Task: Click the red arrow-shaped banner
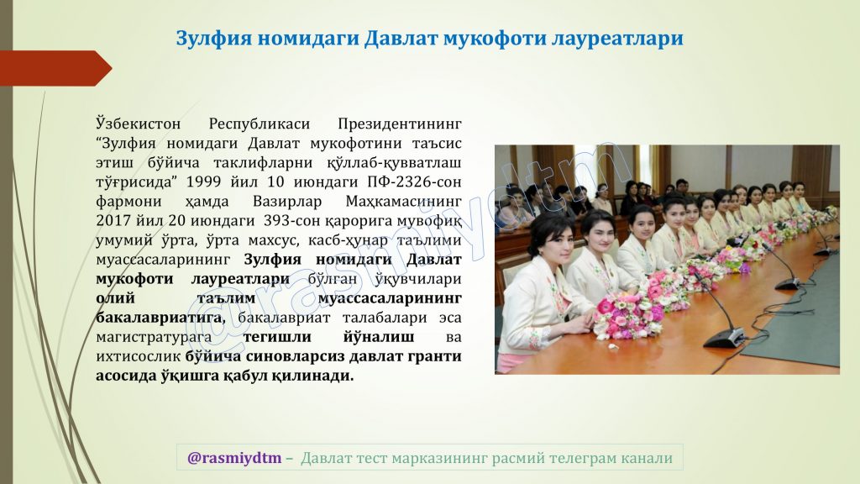point(55,68)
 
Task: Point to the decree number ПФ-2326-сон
point(414,181)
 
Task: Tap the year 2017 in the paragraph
point(113,221)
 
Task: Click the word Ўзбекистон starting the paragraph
point(139,124)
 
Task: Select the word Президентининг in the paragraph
point(399,124)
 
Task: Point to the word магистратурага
point(154,338)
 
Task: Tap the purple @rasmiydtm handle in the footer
point(234,458)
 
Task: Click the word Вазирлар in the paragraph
point(287,202)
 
